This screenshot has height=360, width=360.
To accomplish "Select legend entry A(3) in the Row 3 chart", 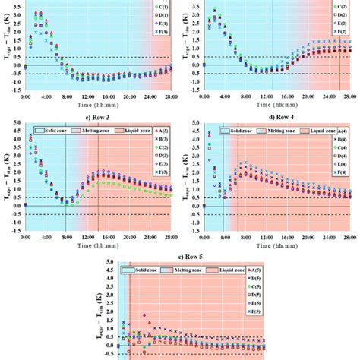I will click(163, 133).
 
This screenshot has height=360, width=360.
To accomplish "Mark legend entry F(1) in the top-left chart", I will click(163, 33).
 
